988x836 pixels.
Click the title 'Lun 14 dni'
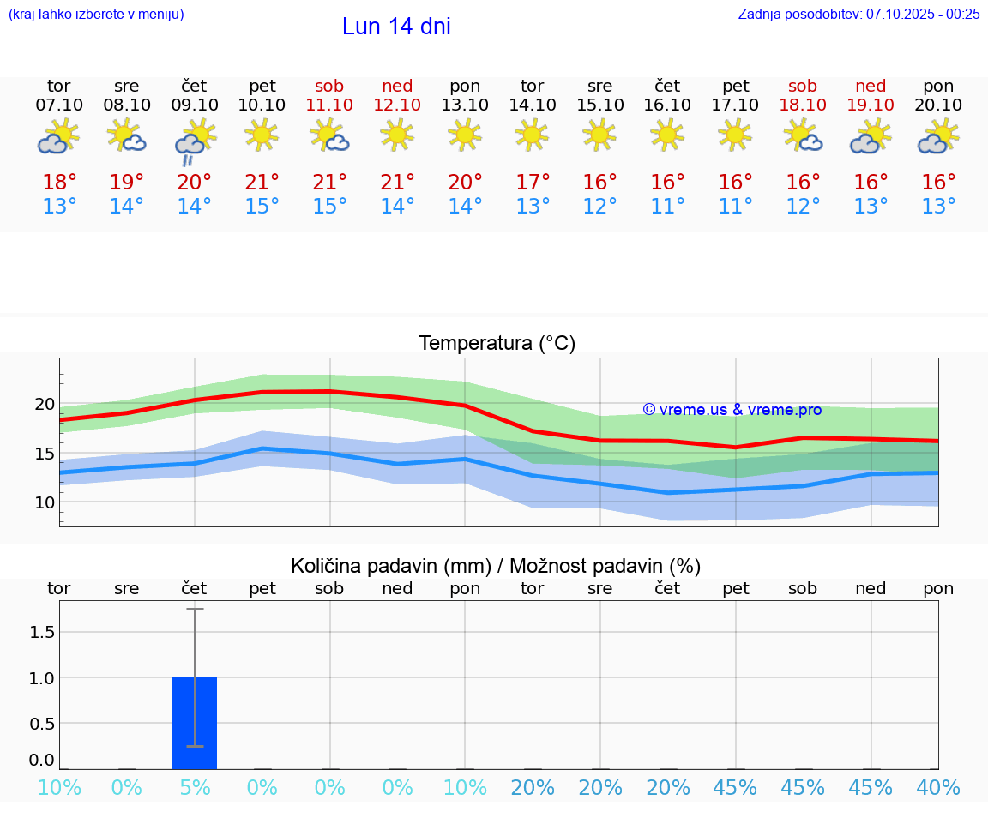[396, 27]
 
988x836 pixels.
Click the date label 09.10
[195, 105]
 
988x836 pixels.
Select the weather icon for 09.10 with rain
[195, 142]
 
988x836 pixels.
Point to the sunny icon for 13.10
[465, 135]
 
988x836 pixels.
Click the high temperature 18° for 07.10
[59, 183]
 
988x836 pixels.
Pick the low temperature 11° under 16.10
[667, 207]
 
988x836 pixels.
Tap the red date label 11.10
[329, 105]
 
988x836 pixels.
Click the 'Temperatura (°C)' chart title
[497, 344]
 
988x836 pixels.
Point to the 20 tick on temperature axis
[45, 404]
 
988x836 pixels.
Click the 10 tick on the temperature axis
[45, 502]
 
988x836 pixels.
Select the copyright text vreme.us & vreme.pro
[732, 410]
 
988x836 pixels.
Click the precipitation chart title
[496, 566]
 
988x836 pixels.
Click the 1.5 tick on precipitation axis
[42, 632]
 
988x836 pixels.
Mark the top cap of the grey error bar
[195, 609]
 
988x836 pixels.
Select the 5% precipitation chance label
[195, 788]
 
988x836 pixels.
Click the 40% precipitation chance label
[938, 788]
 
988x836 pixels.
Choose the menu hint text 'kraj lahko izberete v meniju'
[96, 14]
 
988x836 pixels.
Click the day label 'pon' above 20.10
[938, 86]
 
